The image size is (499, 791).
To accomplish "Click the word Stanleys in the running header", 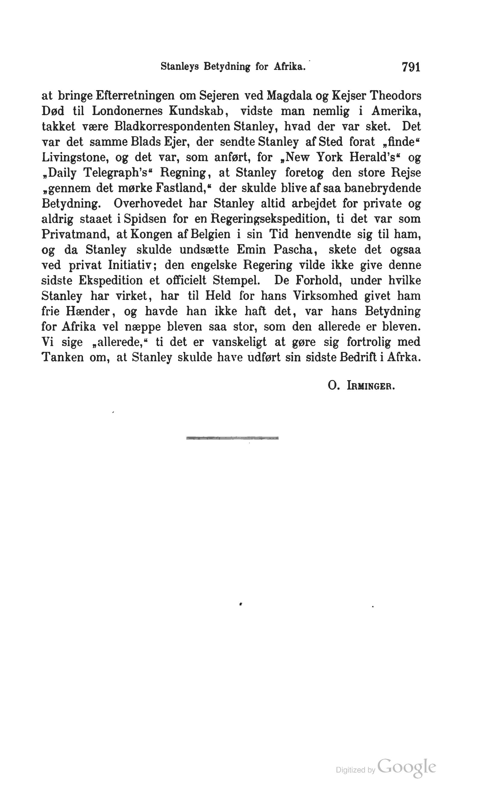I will pos(179,67).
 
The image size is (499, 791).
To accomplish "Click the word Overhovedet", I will pos(148,204).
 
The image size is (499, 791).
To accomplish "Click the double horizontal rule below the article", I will pos(232,438).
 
